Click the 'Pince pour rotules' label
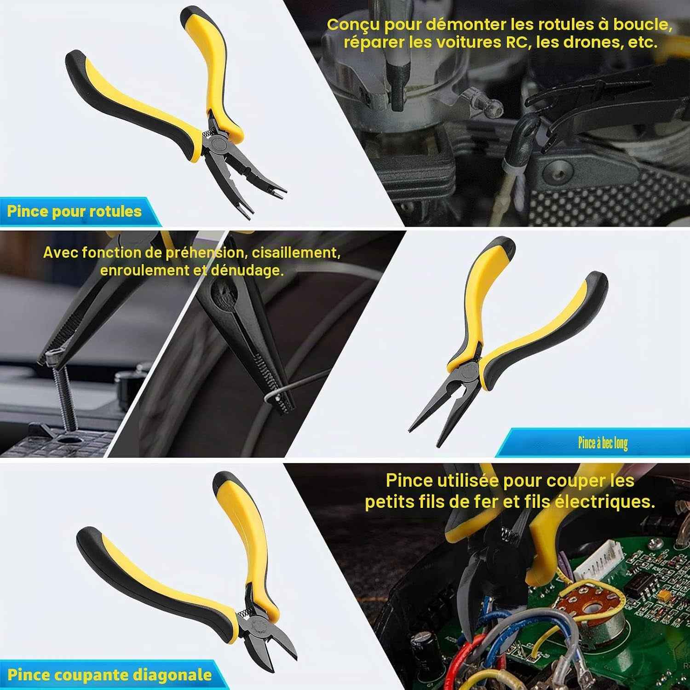pos(74,212)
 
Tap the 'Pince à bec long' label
pos(603,443)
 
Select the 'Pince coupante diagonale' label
pos(109,675)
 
